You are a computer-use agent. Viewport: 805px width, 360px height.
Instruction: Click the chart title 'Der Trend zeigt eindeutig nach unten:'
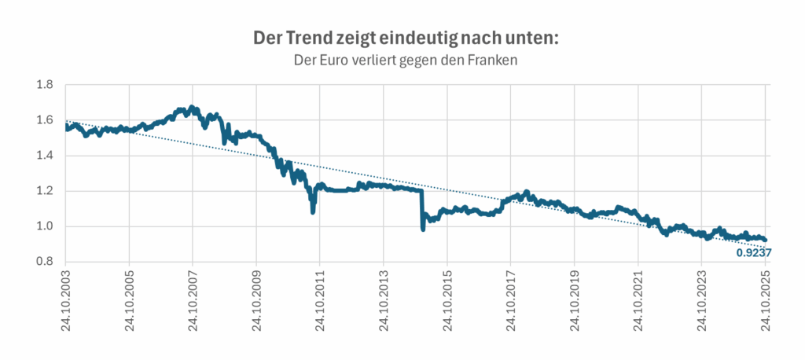tap(402, 38)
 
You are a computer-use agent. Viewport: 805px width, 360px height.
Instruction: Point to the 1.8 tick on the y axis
tap(44, 85)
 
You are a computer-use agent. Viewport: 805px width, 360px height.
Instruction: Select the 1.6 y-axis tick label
tap(44, 120)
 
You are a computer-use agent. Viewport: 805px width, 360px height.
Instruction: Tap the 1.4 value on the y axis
tap(44, 156)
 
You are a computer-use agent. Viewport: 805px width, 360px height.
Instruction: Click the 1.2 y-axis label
tap(44, 191)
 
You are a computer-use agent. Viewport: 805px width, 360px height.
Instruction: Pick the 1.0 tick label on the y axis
tap(44, 226)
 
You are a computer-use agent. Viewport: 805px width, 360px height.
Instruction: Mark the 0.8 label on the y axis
tap(44, 262)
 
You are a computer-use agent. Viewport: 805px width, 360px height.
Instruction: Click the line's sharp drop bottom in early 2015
tap(423, 229)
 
